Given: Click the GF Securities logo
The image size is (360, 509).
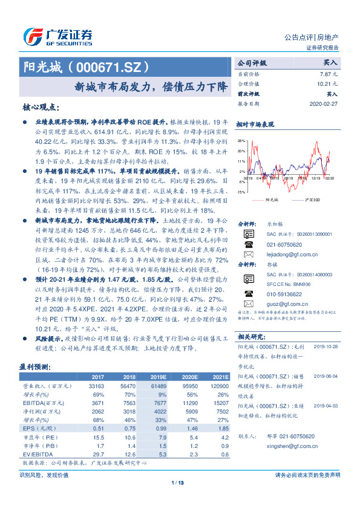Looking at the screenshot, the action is (x=57, y=36).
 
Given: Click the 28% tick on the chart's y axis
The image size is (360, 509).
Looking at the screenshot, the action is (x=241, y=140).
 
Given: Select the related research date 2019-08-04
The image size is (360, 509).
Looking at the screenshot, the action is (x=326, y=375).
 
